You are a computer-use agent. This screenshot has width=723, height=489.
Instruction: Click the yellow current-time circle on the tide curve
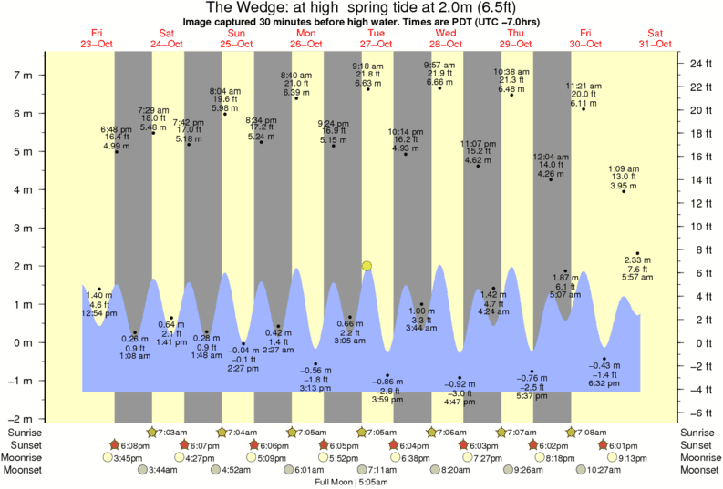(x=367, y=266)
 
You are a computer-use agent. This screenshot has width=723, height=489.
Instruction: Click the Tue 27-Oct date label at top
(x=375, y=37)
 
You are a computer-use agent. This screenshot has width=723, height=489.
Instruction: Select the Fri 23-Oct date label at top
(x=96, y=37)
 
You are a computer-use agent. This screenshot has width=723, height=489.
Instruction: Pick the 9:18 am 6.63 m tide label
(x=367, y=74)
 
